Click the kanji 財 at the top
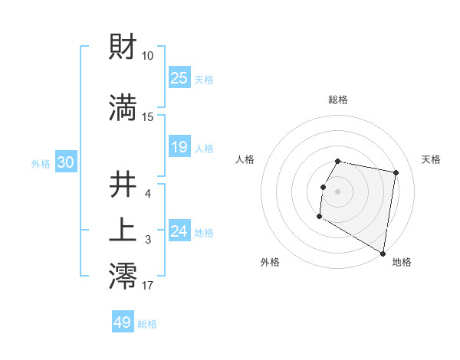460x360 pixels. click(x=123, y=48)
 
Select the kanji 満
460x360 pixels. click(x=123, y=108)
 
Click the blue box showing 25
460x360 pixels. click(x=179, y=77)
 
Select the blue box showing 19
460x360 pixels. click(x=179, y=146)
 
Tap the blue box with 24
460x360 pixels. click(x=179, y=231)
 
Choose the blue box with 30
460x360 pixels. click(x=65, y=162)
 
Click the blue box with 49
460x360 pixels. click(x=123, y=322)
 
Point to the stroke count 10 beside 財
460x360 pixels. click(x=148, y=56)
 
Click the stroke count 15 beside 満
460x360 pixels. click(x=148, y=116)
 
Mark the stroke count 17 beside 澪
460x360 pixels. click(x=148, y=286)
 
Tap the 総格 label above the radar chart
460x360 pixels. click(x=338, y=100)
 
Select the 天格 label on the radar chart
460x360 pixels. click(x=432, y=159)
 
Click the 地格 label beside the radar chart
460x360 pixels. click(x=402, y=262)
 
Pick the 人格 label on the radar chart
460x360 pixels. click(x=245, y=159)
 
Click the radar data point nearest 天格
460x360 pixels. click(x=396, y=174)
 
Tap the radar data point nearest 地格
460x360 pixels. click(x=383, y=254)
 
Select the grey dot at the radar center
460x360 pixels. click(x=337, y=191)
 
